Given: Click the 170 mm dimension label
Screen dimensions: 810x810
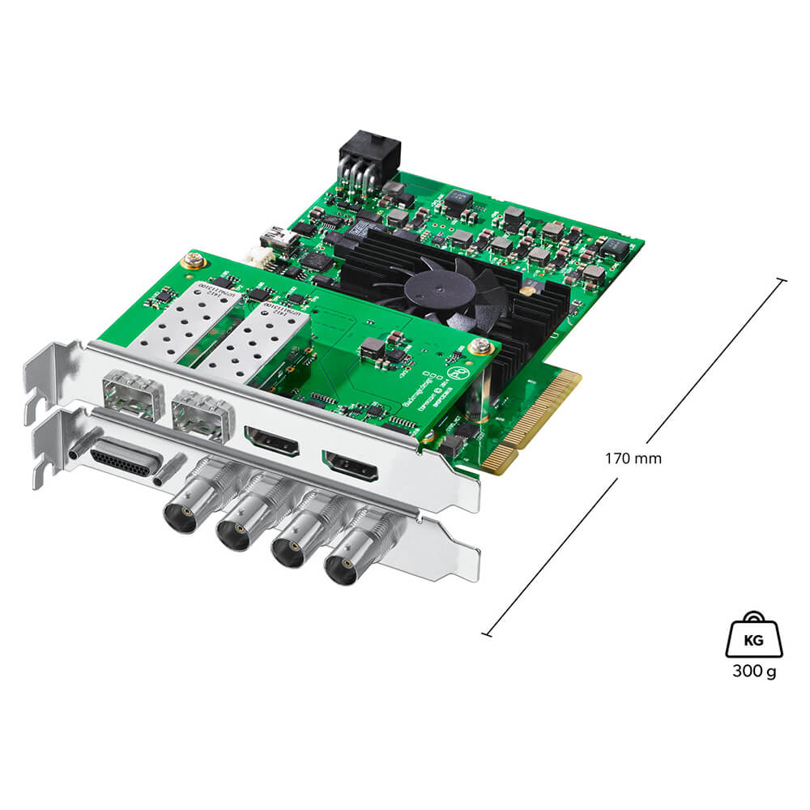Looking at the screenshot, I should click(x=633, y=458).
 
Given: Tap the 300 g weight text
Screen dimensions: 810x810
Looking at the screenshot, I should click(x=753, y=672).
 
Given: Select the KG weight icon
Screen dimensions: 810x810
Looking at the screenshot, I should click(x=753, y=637).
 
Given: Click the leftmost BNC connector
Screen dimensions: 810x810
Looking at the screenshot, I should click(x=180, y=516).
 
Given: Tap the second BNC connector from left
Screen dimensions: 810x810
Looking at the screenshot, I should click(x=232, y=535).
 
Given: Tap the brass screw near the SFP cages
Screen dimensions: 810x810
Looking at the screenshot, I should click(x=194, y=261).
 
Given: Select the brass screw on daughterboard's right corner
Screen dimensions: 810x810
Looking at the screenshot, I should click(x=483, y=346).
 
